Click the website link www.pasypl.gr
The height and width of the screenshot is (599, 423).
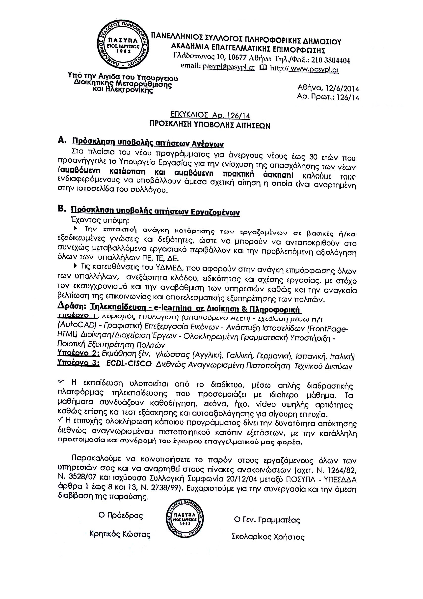(x=314, y=69)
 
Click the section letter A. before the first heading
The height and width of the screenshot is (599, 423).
(x=62, y=140)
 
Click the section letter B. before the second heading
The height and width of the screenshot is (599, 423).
(x=62, y=209)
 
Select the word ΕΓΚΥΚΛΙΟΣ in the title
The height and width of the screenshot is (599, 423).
(x=189, y=115)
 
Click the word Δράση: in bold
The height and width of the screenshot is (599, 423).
(x=72, y=306)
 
